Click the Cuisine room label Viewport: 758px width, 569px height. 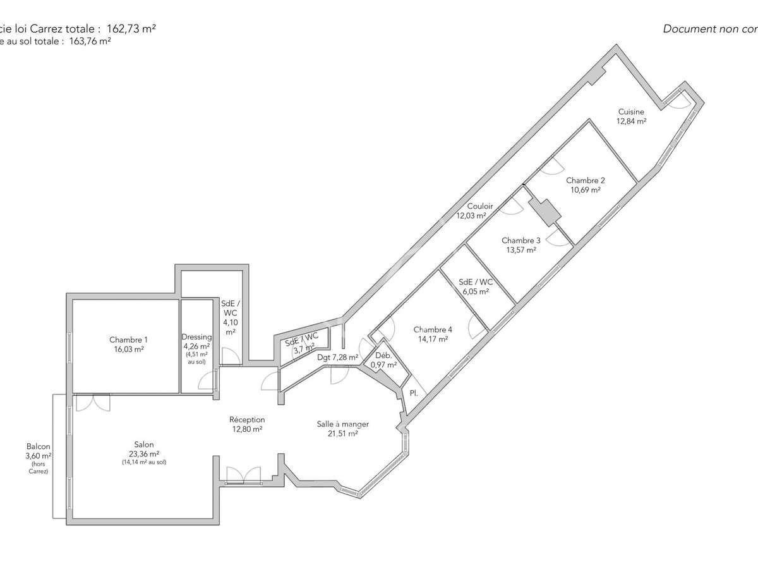631,112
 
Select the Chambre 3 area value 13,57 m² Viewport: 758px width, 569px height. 520,250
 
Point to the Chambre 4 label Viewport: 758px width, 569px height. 433,329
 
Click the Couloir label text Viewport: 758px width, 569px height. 479,206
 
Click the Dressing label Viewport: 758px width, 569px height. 196,337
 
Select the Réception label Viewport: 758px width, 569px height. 247,420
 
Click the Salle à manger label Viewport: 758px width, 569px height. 343,424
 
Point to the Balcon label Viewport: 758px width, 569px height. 39,446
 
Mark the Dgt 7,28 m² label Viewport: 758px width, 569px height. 338,357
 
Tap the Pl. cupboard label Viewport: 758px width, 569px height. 414,393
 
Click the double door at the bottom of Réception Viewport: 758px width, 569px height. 243,475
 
